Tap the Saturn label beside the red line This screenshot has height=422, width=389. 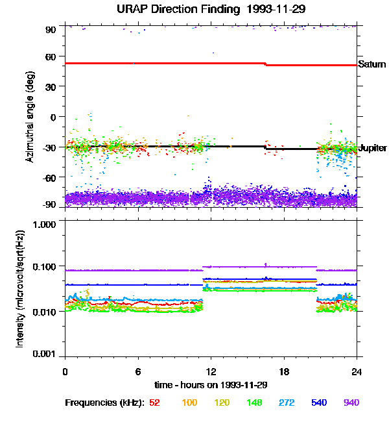point(371,64)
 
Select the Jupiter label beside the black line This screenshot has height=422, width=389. point(372,148)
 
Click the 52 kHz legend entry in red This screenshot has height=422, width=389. point(154,403)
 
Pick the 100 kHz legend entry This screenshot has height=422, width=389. point(189,403)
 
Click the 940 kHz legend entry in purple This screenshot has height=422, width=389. point(351,403)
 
